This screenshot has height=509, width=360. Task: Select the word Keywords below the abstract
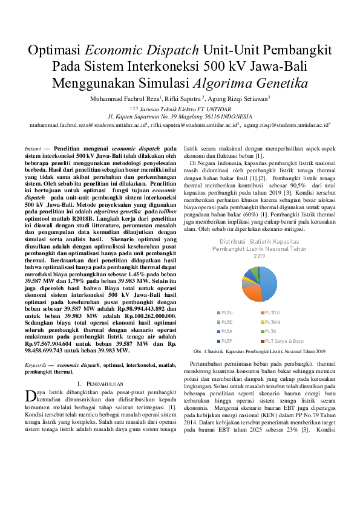[37, 366]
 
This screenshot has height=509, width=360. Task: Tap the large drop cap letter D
[30, 396]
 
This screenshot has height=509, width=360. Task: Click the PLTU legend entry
[225, 312]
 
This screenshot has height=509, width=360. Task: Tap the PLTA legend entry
[225, 331]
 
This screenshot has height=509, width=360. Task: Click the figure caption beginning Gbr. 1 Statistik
[260, 351]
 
